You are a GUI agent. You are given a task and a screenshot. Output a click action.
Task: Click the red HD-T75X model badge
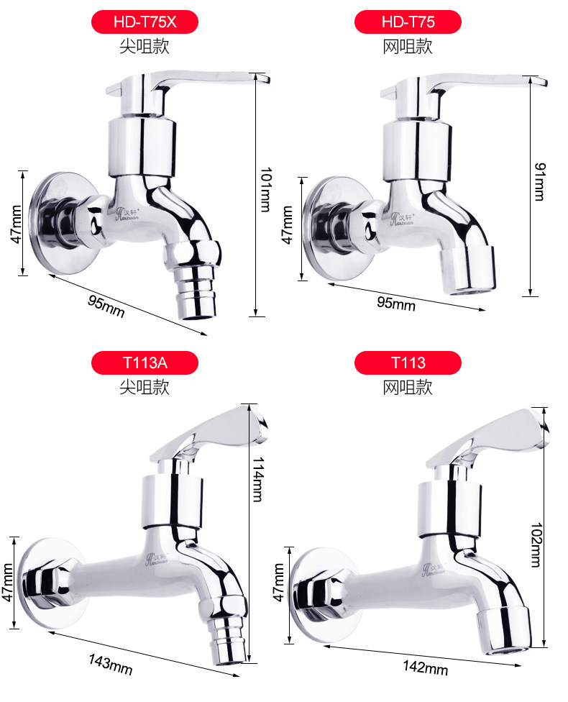point(145,22)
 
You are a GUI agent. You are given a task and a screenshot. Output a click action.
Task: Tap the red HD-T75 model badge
point(408,22)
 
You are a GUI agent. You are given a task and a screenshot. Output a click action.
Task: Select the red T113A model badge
point(145,363)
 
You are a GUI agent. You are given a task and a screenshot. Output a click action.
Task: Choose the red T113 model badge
point(408,363)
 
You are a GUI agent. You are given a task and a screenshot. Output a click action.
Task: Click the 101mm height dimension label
point(266,189)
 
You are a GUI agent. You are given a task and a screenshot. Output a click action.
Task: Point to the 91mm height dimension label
point(540,181)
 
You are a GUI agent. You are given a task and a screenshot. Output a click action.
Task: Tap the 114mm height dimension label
point(258,479)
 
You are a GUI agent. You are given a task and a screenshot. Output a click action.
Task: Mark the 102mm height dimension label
point(536,545)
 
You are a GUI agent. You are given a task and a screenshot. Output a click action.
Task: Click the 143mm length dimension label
point(111,665)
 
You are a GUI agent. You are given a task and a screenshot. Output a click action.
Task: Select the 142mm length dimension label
point(425,667)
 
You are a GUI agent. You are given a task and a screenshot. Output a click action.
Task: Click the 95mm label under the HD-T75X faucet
point(106,306)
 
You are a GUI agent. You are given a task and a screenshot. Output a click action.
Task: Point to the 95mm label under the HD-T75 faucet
point(396,303)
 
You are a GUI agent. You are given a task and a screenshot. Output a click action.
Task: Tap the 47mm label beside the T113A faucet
point(8,583)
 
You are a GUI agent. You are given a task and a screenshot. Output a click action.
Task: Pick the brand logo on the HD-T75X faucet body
point(127,214)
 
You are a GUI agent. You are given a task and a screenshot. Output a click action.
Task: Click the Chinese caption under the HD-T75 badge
point(408,47)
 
